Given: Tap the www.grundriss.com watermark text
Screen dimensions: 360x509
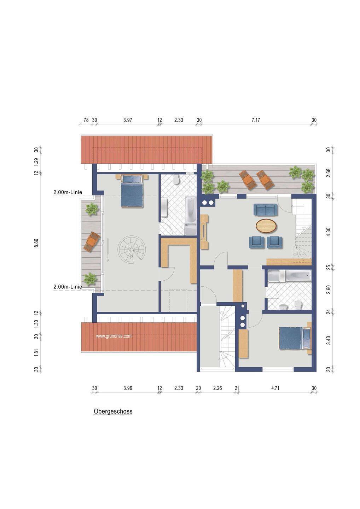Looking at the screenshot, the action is (x=114, y=336).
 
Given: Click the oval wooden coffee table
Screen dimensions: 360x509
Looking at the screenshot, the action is (x=267, y=226).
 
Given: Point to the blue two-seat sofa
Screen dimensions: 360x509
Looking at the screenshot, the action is (x=266, y=210).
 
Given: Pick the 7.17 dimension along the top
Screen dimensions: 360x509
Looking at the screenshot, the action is (x=256, y=120).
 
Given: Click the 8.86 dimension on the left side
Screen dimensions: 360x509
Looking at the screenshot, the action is (x=36, y=243).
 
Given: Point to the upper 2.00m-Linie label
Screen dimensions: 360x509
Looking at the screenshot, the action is (x=68, y=192).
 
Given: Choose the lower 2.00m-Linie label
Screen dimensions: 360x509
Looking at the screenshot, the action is (x=68, y=287).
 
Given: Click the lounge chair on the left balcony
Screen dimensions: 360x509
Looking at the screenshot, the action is (x=92, y=241).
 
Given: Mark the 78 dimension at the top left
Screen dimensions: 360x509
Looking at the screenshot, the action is (x=86, y=120).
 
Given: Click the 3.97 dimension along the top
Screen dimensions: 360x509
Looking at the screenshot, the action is (x=128, y=120).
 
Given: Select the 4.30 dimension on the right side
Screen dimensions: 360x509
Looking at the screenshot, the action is (x=329, y=232).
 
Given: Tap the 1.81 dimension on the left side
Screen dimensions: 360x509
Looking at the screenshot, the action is (x=36, y=352).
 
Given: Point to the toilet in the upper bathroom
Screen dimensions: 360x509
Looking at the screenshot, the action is (x=176, y=180).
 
